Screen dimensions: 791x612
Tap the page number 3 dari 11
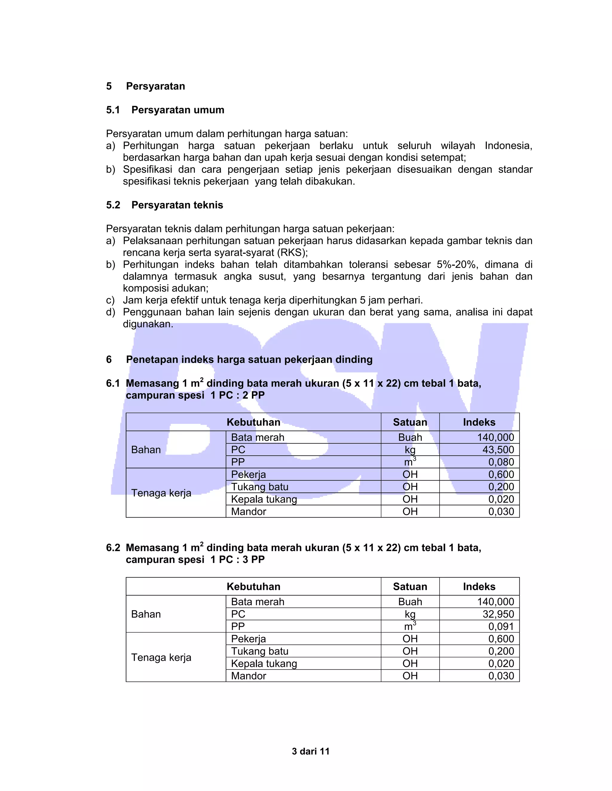[310, 751]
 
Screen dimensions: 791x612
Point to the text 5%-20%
[457, 264]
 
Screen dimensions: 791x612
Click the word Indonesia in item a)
[508, 146]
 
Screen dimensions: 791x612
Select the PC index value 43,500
[498, 450]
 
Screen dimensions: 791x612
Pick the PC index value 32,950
[498, 614]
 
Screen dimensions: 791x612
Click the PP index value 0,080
[501, 462]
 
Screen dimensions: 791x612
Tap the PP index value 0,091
[501, 626]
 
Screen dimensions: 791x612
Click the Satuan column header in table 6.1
[410, 422]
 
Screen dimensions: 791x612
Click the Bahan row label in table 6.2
[146, 614]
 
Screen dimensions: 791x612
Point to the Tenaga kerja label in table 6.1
[161, 493]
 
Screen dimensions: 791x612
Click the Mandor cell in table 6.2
[249, 676]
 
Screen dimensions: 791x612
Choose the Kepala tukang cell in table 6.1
[264, 499]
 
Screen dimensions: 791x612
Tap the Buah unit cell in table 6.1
[410, 437]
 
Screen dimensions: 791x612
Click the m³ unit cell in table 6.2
[410, 626]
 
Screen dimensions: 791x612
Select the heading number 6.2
[113, 548]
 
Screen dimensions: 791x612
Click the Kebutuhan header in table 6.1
[253, 422]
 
